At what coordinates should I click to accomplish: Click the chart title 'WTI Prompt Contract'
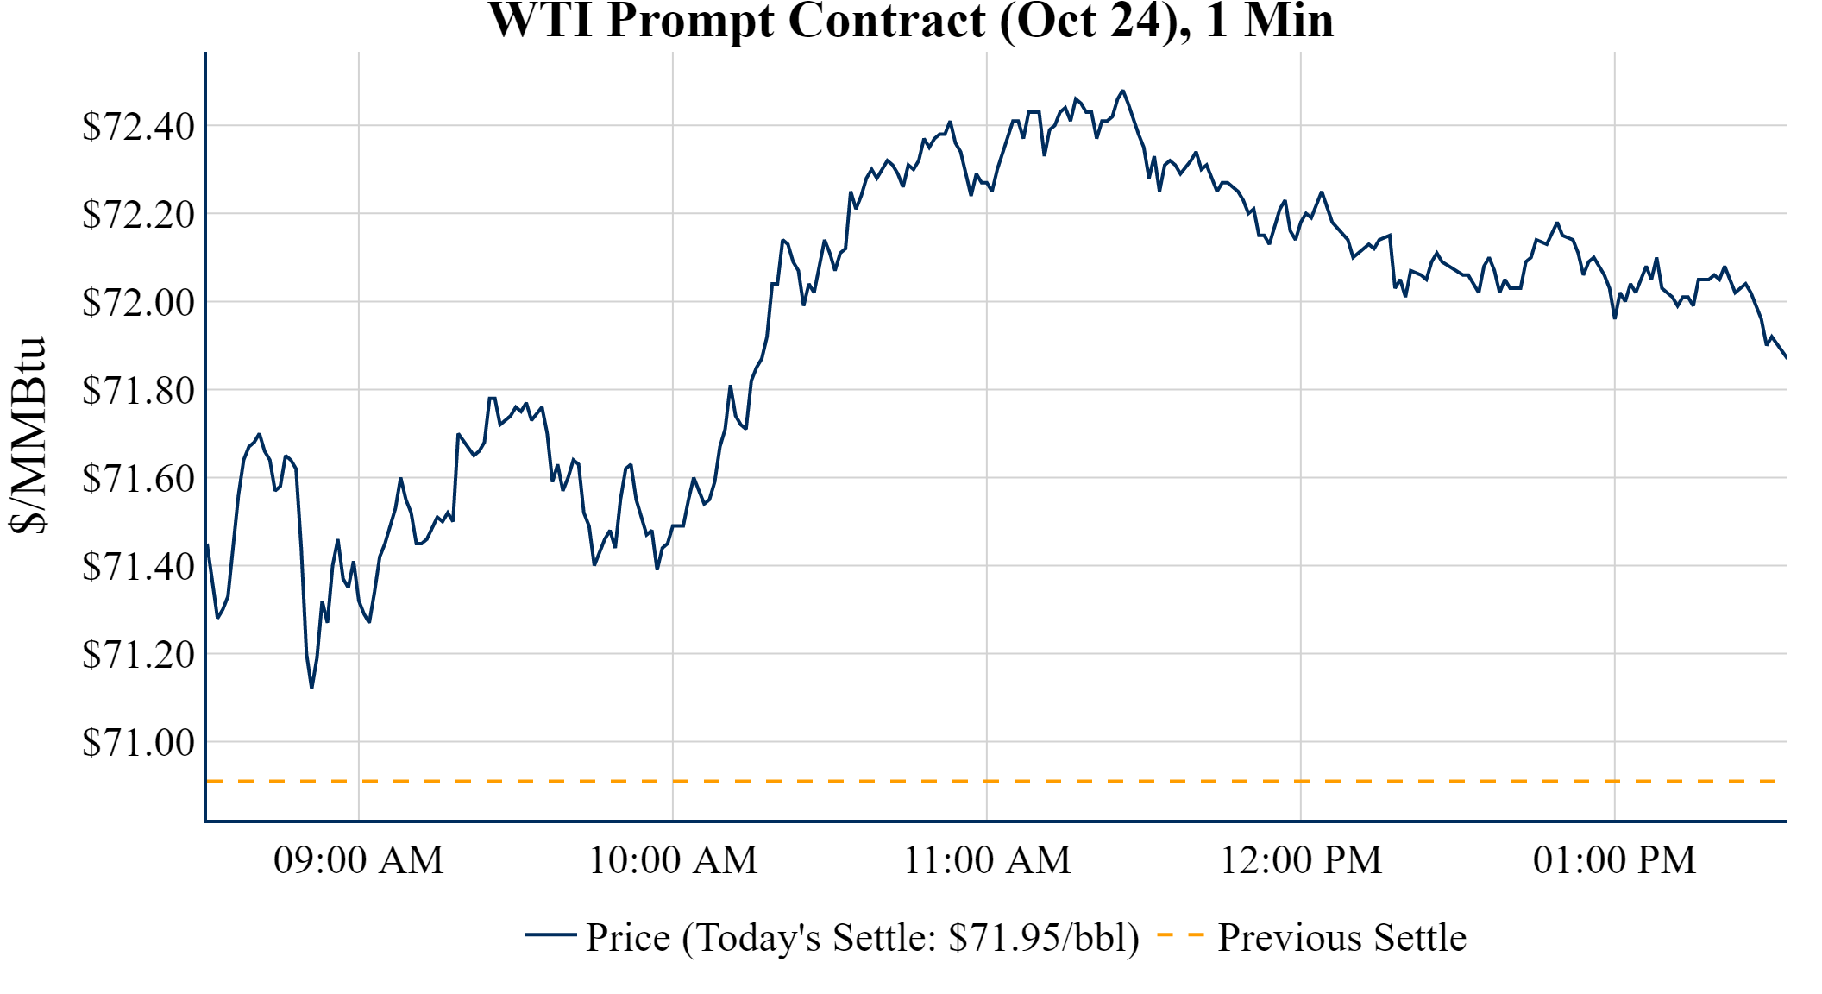[911, 21]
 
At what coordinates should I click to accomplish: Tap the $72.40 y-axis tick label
[138, 126]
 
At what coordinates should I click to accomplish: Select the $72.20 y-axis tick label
[138, 214]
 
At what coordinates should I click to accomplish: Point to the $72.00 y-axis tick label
[138, 302]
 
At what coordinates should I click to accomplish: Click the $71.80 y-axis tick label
[138, 390]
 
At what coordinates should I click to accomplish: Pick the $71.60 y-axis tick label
[138, 478]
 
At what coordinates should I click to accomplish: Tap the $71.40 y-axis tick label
[138, 566]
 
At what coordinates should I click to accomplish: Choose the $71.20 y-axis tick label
[138, 654]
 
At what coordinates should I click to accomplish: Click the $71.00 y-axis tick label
[138, 742]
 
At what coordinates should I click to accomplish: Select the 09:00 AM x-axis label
[359, 860]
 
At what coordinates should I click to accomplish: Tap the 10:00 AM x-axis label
[673, 860]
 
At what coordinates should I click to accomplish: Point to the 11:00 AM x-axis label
[987, 860]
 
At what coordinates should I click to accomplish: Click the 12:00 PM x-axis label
[1301, 860]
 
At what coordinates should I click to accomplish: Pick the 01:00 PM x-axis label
[1615, 860]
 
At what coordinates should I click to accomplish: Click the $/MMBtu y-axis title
[28, 435]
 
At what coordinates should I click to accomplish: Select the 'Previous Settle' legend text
[1341, 937]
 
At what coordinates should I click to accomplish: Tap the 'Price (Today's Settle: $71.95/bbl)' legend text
[863, 937]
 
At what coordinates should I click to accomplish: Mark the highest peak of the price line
[1122, 91]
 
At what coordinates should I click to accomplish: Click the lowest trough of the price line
[311, 688]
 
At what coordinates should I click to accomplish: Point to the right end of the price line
[1786, 357]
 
